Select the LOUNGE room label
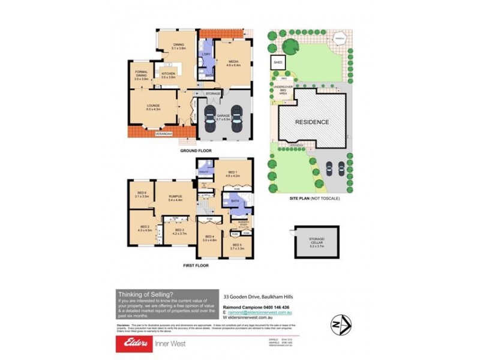[x=154, y=106]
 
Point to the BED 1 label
[x=232, y=174]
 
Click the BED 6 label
[x=141, y=194]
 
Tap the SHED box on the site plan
[x=278, y=62]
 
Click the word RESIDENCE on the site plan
[x=312, y=122]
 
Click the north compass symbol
[x=340, y=325]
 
